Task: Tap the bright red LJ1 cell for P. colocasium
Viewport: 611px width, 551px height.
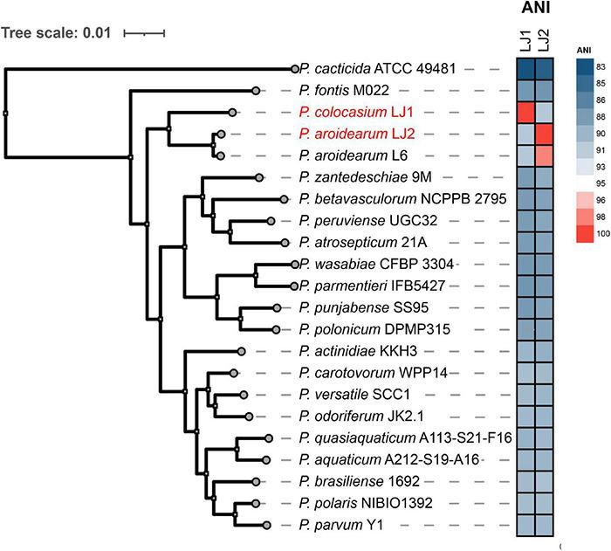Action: (x=525, y=113)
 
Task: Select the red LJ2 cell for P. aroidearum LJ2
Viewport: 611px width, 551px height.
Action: (x=545, y=134)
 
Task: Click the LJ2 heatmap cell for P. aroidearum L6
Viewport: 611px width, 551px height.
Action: (x=545, y=155)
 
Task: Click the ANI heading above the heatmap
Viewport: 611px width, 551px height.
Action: (x=534, y=12)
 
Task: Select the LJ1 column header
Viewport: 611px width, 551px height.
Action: (x=525, y=43)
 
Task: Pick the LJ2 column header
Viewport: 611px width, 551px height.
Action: (x=545, y=43)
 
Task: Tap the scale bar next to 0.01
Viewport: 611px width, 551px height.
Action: (x=144, y=34)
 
